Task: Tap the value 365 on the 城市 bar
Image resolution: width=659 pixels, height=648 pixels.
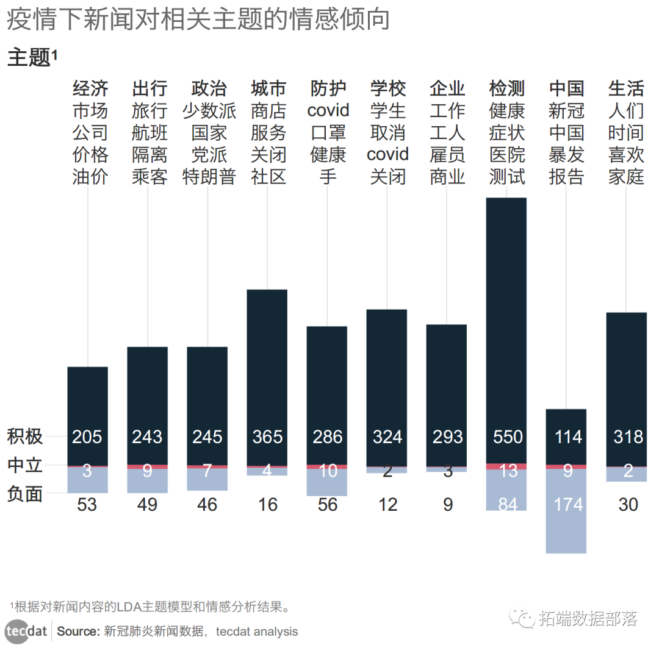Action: pos(267,437)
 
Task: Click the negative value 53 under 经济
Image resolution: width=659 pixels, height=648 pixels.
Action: pos(87,505)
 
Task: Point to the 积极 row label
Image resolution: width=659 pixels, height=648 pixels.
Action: pos(25,437)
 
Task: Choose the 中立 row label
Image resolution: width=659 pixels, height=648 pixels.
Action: pos(25,466)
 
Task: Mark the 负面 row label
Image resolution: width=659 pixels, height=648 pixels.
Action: pos(25,494)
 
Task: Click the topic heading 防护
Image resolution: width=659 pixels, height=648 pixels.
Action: pos(328,88)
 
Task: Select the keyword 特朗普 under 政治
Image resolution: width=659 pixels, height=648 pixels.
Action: pos(209,177)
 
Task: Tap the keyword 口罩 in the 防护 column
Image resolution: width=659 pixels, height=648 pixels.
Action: pos(328,133)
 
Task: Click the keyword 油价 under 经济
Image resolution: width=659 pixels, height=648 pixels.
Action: pos(90,177)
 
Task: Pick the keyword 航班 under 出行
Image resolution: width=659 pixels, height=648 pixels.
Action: pos(149,133)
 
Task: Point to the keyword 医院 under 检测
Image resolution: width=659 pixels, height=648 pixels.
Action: pos(506,155)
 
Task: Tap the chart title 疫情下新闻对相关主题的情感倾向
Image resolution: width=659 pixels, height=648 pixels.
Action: pos(198,20)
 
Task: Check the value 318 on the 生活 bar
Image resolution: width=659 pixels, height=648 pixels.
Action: pos(628,437)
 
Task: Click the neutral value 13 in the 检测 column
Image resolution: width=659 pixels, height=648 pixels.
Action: pos(508,471)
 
